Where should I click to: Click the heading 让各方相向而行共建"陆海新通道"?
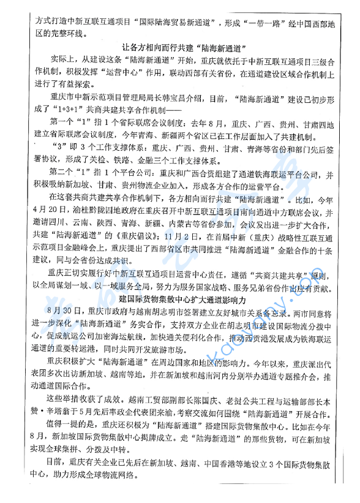(x=184, y=46)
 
